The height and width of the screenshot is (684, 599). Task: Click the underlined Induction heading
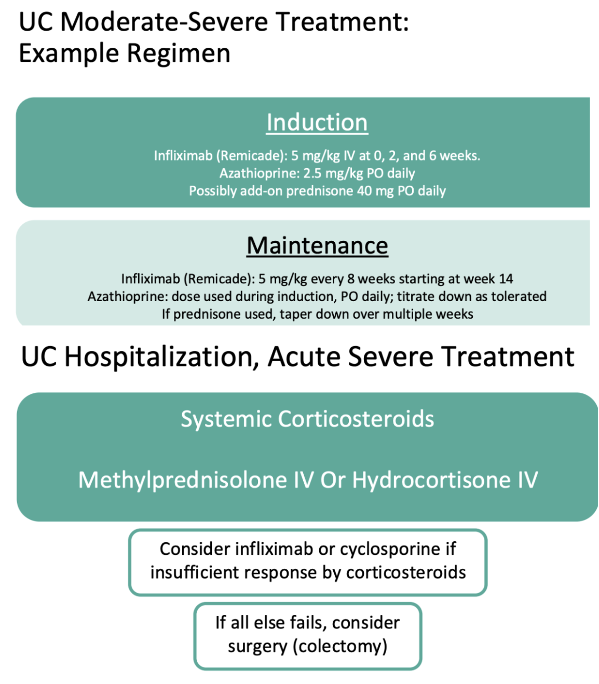click(317, 122)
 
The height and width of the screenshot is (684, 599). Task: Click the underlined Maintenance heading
click(317, 245)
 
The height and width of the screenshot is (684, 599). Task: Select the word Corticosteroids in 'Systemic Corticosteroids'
click(356, 419)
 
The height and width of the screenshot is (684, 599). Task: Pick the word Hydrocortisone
click(431, 480)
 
